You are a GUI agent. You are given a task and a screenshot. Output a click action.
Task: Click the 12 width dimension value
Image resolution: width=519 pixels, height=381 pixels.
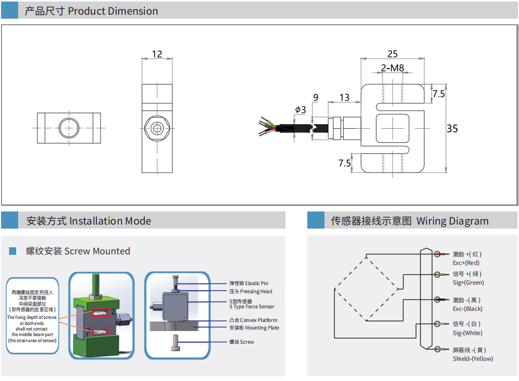click(157, 54)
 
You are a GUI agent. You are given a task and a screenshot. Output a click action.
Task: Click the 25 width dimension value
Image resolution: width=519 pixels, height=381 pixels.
click(392, 54)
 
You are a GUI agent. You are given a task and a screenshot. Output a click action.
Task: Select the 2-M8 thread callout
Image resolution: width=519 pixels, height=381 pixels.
click(393, 68)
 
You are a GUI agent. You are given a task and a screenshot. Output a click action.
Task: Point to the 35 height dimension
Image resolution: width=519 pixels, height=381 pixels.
click(452, 129)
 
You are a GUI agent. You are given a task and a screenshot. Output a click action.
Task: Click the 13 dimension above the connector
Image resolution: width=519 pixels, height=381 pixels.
click(345, 97)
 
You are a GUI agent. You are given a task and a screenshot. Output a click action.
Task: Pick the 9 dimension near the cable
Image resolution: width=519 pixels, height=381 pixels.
click(316, 97)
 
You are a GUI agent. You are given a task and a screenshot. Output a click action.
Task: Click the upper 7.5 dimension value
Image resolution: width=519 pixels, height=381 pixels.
click(439, 94)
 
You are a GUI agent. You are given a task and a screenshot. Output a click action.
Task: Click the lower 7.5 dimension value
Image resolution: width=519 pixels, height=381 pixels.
click(345, 163)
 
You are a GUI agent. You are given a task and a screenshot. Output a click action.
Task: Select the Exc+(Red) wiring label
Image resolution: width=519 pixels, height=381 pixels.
click(466, 263)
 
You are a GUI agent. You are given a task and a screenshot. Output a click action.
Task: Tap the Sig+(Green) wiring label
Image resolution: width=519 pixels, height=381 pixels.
click(468, 283)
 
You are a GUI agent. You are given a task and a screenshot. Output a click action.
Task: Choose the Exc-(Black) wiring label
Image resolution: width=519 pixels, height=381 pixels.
click(467, 309)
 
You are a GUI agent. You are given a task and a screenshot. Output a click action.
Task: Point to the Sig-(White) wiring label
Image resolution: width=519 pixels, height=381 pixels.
click(467, 333)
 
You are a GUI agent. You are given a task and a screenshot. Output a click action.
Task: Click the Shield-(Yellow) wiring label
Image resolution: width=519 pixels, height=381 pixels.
click(473, 359)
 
